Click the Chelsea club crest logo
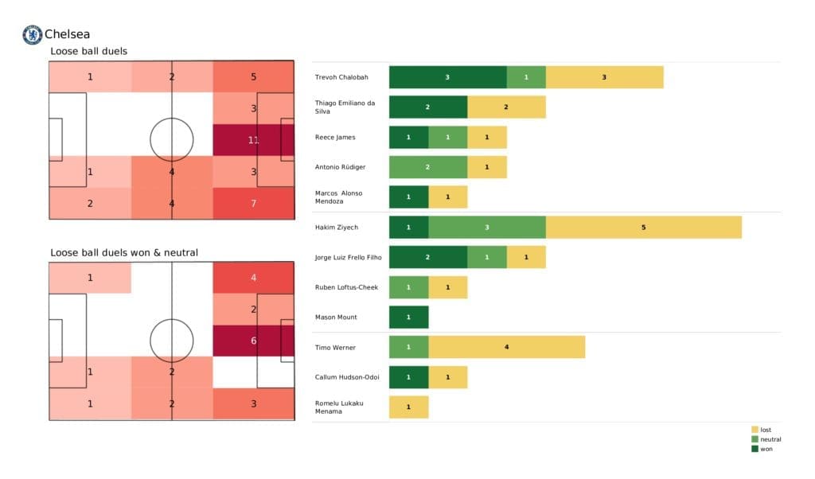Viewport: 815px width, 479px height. (x=32, y=34)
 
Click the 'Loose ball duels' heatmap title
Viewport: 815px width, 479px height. (x=88, y=52)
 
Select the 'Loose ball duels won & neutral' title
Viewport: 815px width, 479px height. (x=124, y=253)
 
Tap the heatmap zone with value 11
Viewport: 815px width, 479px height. (x=253, y=140)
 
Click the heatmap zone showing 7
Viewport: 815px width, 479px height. (x=253, y=203)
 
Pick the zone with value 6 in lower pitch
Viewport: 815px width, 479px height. (x=253, y=341)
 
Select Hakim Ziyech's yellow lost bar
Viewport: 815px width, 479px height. (x=643, y=228)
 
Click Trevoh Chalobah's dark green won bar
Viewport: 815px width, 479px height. (x=447, y=77)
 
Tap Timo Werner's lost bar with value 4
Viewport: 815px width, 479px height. (x=506, y=348)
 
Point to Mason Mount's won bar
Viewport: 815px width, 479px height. (x=408, y=317)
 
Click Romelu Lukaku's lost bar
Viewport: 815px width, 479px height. (x=408, y=407)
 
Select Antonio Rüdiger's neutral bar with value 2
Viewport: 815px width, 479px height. (x=427, y=167)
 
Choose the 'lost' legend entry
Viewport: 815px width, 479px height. (x=766, y=430)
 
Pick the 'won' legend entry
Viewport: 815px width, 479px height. (x=766, y=449)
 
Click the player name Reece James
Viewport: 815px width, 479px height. (x=335, y=138)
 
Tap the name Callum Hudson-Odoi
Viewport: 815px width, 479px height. (x=345, y=377)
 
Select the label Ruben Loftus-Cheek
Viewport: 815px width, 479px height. (x=346, y=287)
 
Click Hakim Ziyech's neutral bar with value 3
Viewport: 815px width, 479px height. (x=486, y=228)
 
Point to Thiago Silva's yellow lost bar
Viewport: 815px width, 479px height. (x=506, y=107)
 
